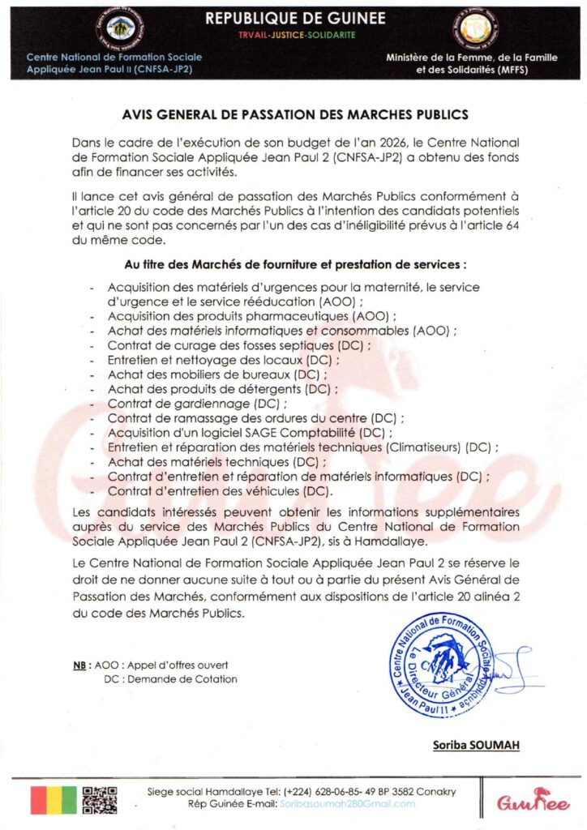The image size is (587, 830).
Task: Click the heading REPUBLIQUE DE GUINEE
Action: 296,18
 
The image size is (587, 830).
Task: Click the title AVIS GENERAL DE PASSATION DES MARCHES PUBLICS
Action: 294,116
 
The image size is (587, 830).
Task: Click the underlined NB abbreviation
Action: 80,665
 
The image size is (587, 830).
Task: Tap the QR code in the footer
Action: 101,798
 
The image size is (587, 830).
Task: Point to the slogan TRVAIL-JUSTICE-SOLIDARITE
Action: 295,36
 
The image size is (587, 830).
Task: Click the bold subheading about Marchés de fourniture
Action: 294,264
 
